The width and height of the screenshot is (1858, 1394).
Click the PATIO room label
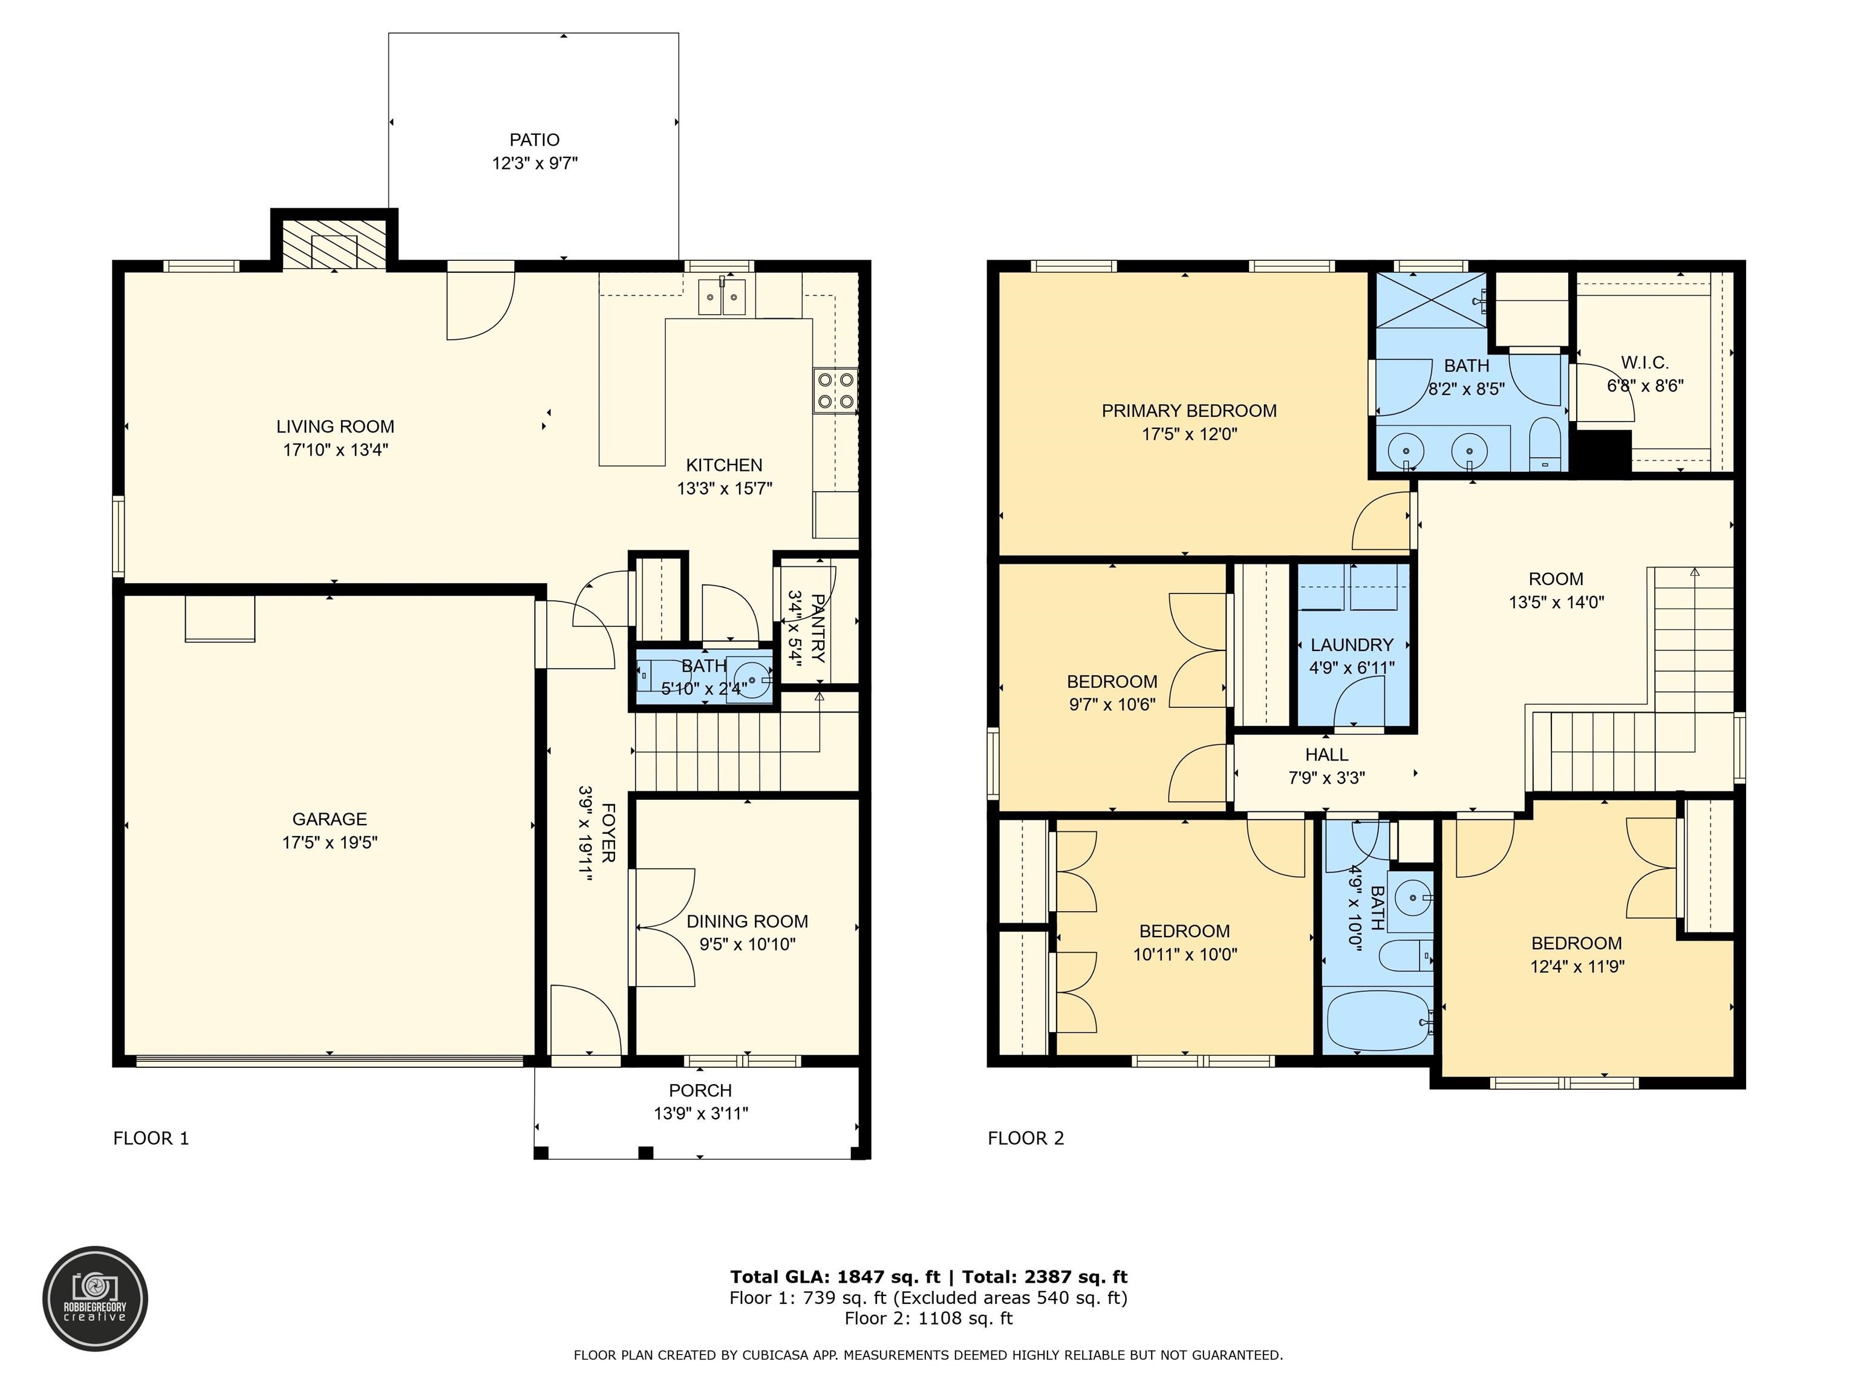click(534, 140)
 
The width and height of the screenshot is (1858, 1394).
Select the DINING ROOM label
click(747, 921)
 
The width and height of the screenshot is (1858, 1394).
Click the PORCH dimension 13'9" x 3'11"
click(700, 1113)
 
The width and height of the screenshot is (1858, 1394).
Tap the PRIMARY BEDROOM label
click(1188, 411)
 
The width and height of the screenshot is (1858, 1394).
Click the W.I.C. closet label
click(1644, 363)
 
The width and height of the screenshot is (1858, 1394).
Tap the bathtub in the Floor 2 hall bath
click(1378, 1020)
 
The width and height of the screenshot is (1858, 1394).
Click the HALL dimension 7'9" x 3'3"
click(1326, 778)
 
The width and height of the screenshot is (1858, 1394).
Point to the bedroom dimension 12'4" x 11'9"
click(1577, 966)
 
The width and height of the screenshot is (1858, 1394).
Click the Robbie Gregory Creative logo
click(95, 1298)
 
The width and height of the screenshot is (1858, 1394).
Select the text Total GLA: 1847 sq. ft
click(835, 1277)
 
